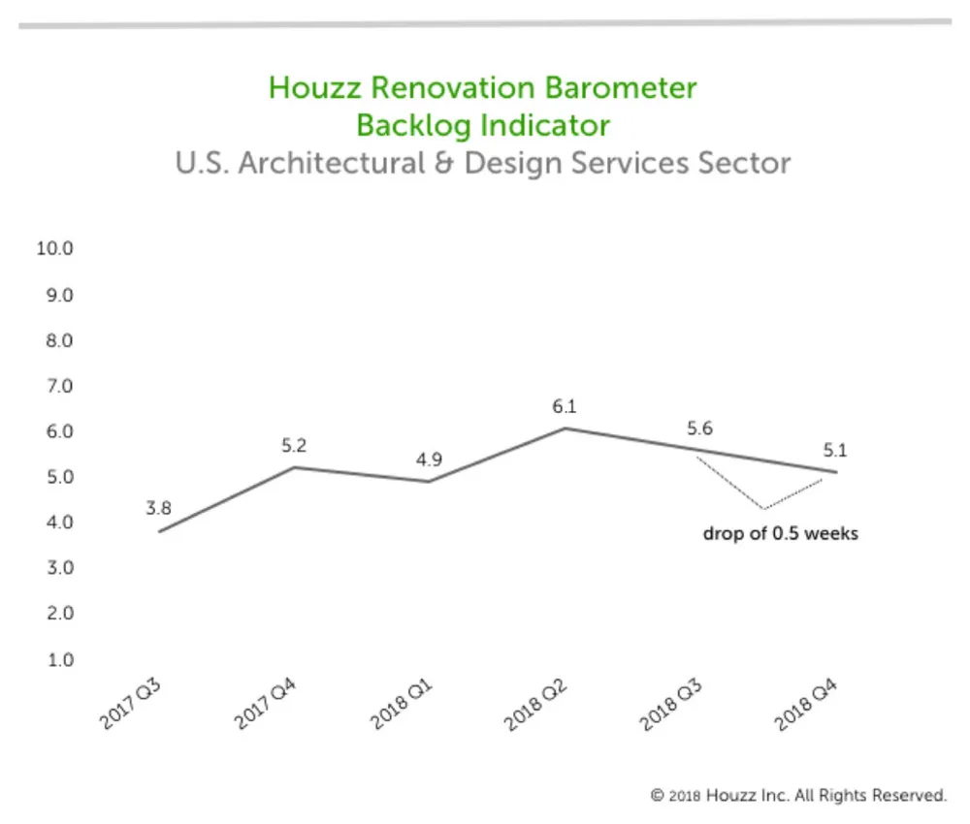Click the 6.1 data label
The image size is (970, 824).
click(x=565, y=407)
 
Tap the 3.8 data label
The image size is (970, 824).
click(x=158, y=508)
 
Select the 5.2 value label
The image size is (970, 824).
click(x=294, y=446)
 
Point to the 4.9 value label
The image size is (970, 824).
click(x=429, y=460)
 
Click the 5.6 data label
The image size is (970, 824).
click(x=699, y=428)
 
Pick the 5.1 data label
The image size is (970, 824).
click(x=835, y=451)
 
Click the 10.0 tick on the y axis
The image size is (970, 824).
click(x=54, y=248)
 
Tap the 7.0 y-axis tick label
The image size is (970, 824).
click(x=59, y=387)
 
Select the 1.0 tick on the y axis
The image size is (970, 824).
click(x=60, y=660)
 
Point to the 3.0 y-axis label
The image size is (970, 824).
click(x=60, y=568)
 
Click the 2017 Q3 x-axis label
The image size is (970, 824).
click(x=130, y=704)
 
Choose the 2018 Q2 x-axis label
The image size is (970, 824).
click(x=535, y=705)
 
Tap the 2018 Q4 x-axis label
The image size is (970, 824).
click(x=806, y=705)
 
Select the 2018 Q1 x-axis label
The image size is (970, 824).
click(x=401, y=705)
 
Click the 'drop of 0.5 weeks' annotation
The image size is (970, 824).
click(x=781, y=533)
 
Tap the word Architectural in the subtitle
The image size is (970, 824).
click(x=331, y=163)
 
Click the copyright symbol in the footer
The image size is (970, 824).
click(x=657, y=796)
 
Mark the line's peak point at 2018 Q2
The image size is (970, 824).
click(x=565, y=428)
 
